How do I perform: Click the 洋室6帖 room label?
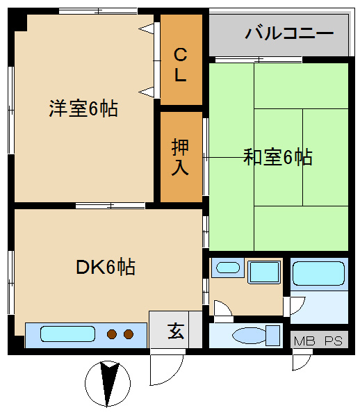83,108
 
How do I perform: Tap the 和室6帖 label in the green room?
278,157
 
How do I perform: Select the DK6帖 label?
106,266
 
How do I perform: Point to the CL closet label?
180,65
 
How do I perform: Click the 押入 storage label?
180,157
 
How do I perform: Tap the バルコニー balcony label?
289,33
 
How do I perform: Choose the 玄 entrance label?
176,331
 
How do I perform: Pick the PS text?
334,341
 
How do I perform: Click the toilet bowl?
249,336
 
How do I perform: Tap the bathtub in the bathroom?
318,273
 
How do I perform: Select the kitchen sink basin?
67,334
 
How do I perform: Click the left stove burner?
112,334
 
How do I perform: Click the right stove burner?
129,334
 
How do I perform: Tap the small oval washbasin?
228,268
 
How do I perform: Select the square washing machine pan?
264,272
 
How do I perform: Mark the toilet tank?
273,336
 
